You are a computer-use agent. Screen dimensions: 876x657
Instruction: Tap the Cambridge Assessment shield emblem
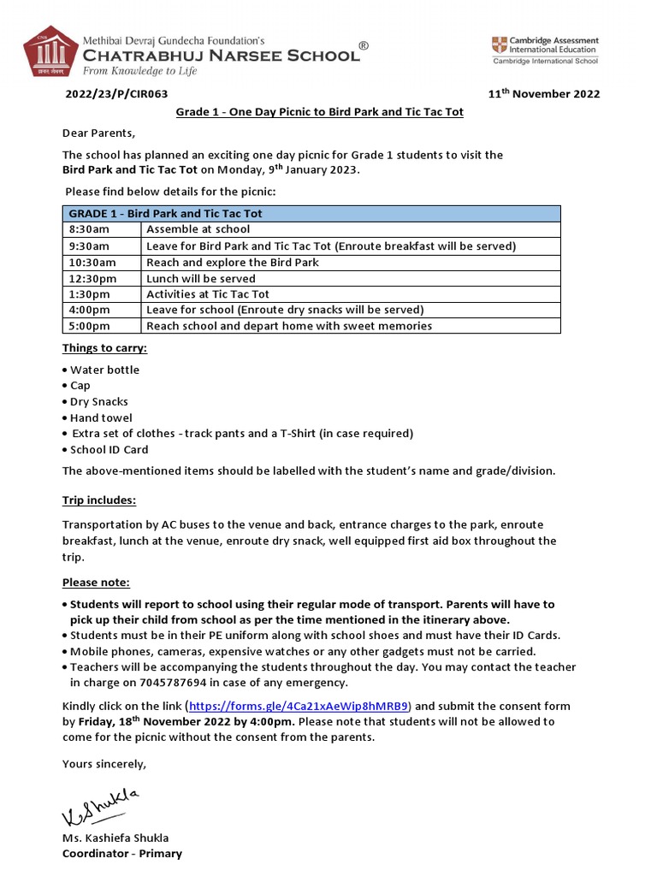[x=499, y=45]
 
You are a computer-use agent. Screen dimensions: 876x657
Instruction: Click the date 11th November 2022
[x=543, y=94]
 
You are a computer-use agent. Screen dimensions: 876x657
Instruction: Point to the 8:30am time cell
[x=89, y=229]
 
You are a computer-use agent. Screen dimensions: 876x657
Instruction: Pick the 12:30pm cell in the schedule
[x=92, y=278]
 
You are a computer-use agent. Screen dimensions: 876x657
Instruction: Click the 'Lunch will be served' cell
[x=201, y=278]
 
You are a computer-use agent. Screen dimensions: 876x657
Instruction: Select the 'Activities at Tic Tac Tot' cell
[x=208, y=294]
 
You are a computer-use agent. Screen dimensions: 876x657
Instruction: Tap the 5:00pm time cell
[x=90, y=326]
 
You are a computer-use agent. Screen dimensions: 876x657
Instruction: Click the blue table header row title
[x=165, y=213]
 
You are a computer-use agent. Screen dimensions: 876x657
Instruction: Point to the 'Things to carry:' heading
[x=104, y=348]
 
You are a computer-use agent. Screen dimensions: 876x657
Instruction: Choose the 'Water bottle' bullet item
[x=104, y=370]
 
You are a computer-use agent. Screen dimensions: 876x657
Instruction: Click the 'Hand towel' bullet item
[x=101, y=417]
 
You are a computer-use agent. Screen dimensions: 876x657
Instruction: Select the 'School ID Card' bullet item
[x=109, y=449]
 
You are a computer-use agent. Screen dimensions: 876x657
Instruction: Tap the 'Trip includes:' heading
[x=99, y=500]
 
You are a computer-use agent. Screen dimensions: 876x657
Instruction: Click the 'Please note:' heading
[x=96, y=583]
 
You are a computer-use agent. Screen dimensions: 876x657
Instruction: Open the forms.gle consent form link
[x=299, y=706]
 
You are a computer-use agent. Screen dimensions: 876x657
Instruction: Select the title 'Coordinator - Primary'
[x=121, y=853]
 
